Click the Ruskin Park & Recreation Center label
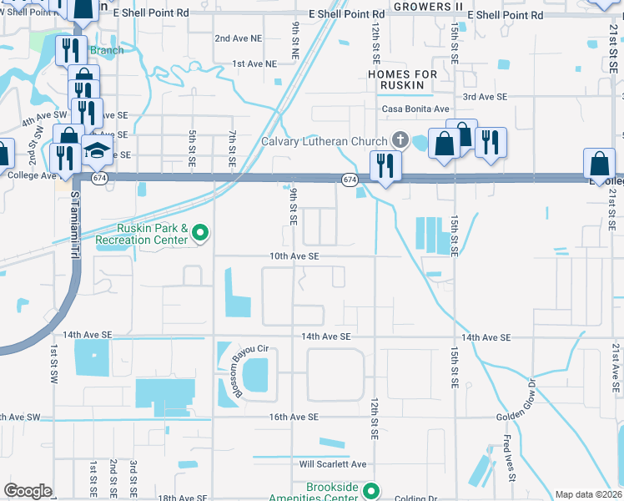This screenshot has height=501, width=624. [x=139, y=233]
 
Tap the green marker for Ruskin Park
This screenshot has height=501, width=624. [x=200, y=233]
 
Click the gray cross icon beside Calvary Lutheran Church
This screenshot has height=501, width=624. [x=400, y=139]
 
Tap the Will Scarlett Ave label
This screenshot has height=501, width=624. [x=334, y=464]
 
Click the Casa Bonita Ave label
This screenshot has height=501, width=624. [x=415, y=109]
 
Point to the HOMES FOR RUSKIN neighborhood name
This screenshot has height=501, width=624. [x=402, y=80]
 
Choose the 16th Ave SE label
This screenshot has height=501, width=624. [x=294, y=417]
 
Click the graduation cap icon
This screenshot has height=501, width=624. [x=98, y=151]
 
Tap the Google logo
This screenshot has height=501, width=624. [x=28, y=491]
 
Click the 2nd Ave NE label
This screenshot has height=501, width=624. [x=238, y=38]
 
